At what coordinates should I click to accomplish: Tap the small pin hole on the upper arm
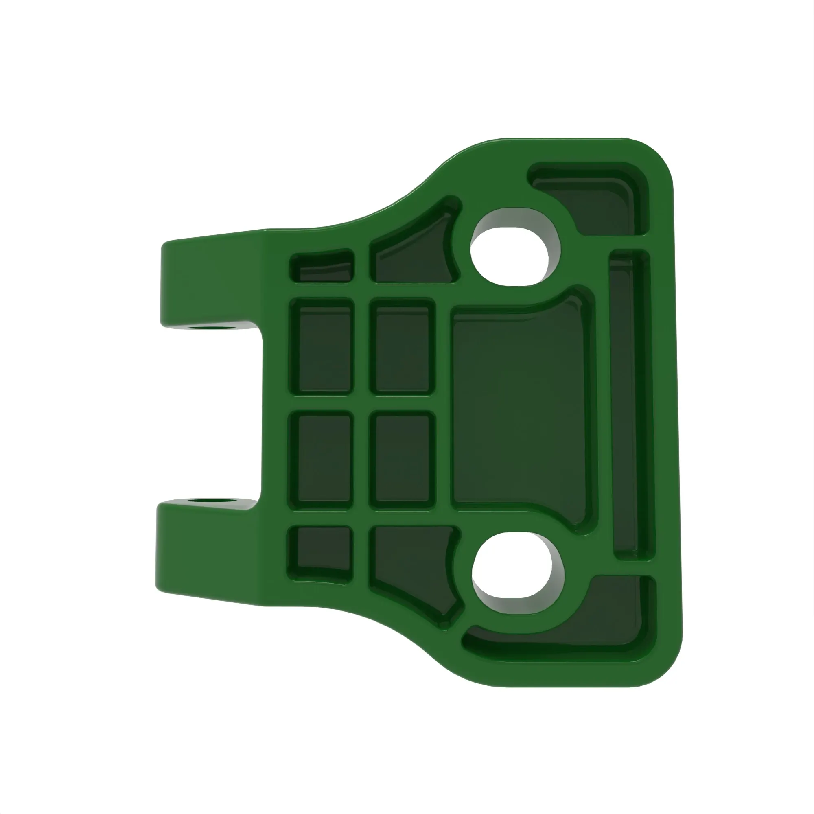[x=211, y=326]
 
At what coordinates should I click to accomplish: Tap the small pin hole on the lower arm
[x=211, y=501]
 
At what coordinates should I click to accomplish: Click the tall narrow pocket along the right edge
[x=630, y=405]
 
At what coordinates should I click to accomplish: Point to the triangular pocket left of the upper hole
[x=415, y=257]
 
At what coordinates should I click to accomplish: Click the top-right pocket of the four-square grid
[x=403, y=347]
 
